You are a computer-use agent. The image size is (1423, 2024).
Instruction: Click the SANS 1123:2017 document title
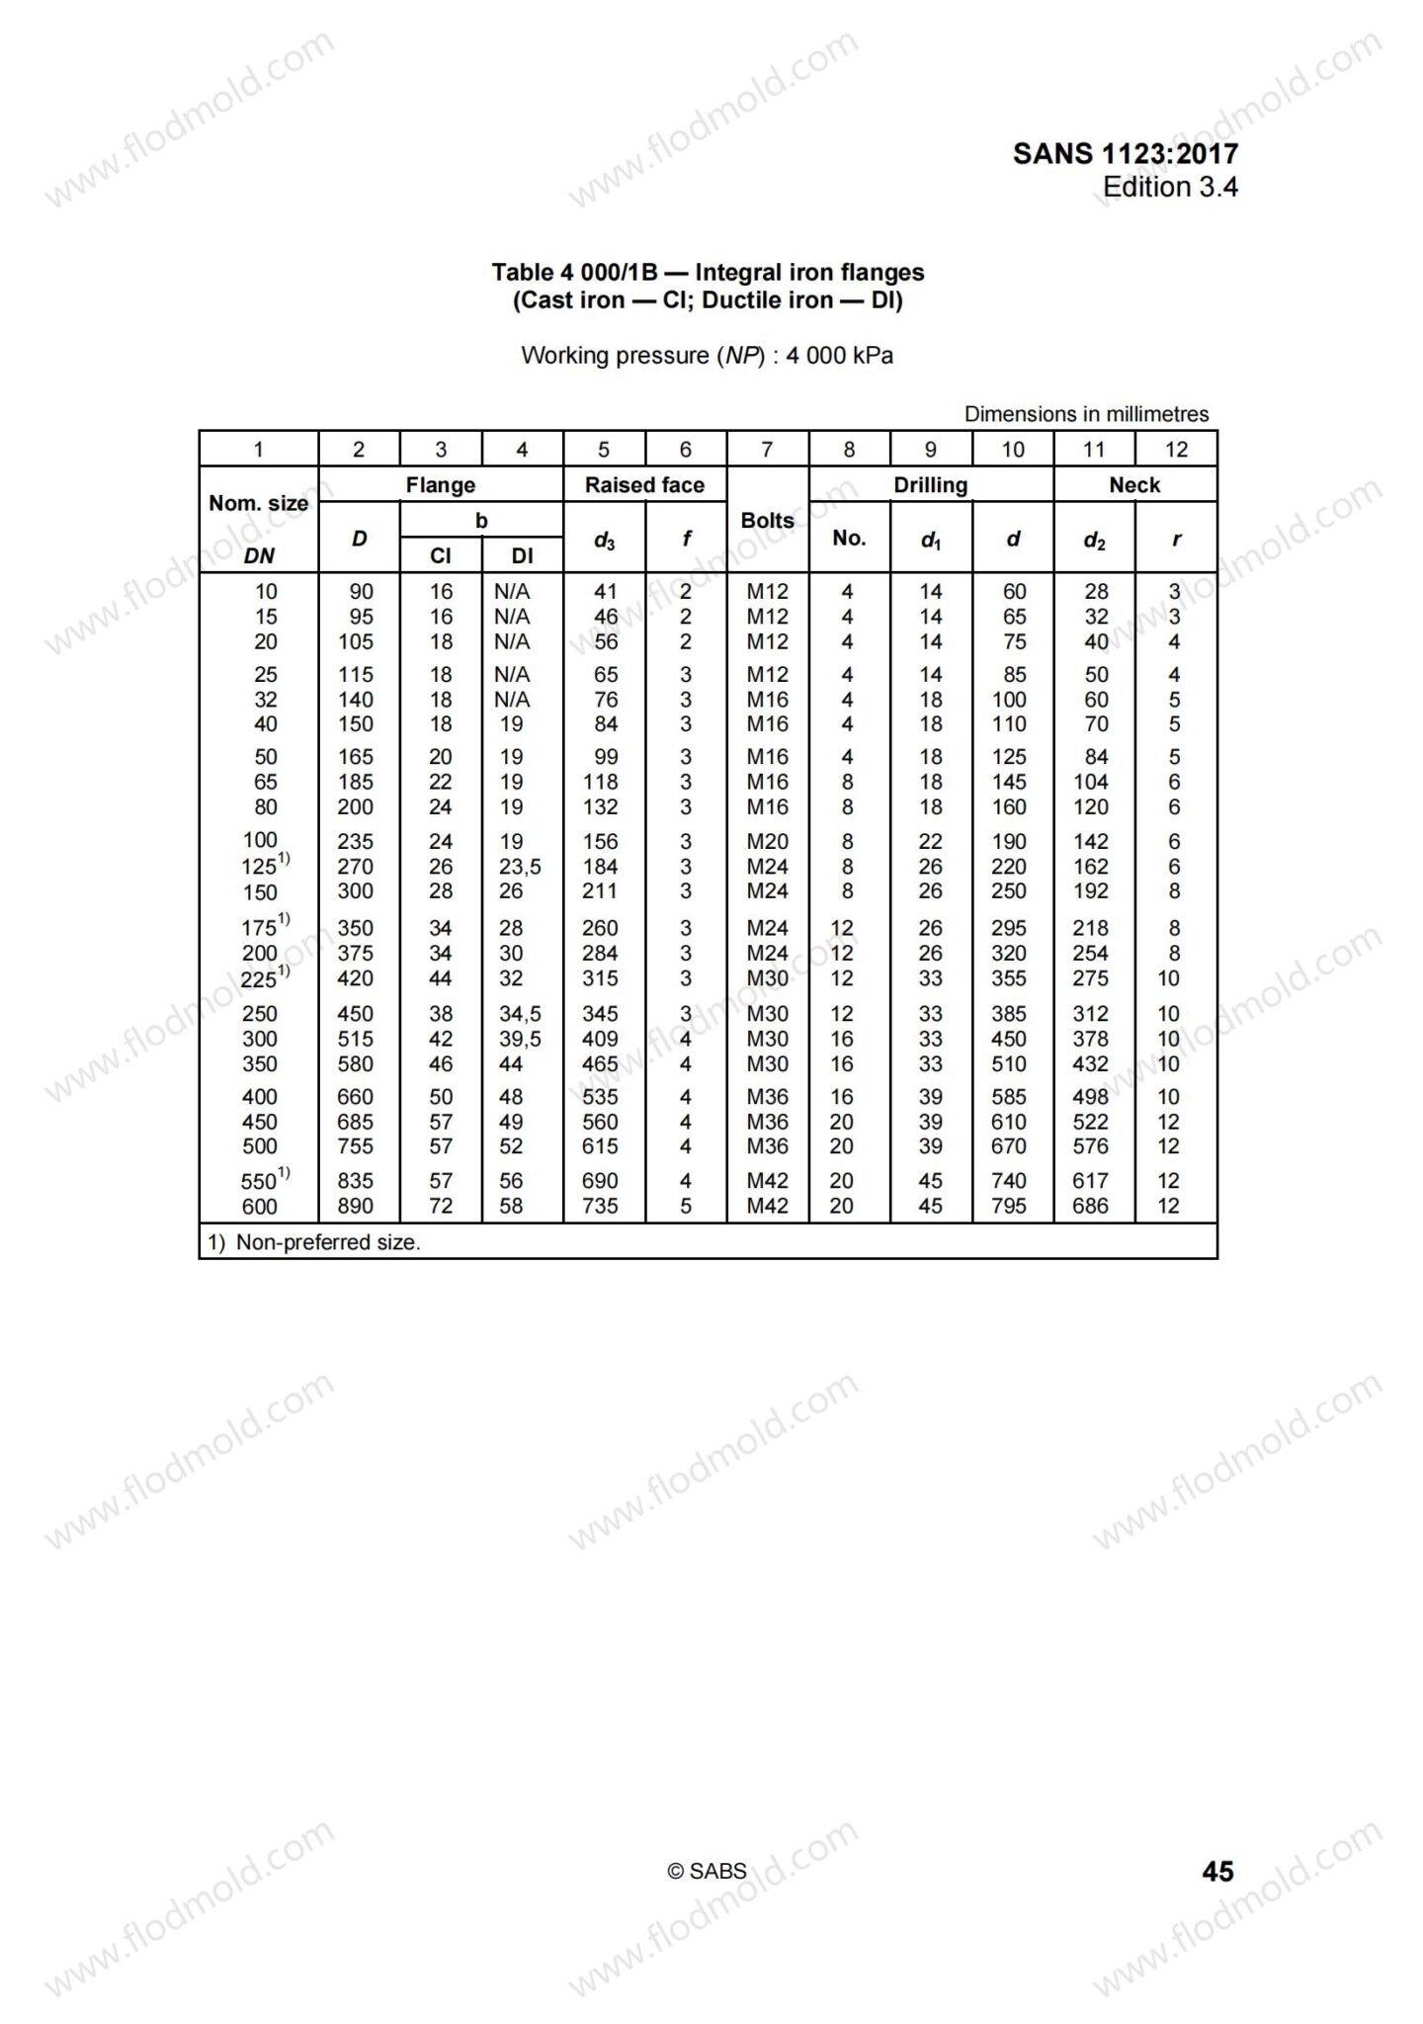pos(1125,153)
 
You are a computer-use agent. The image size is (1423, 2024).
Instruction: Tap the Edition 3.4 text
pos(1170,187)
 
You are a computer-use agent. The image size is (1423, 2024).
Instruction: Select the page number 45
pos(1217,1871)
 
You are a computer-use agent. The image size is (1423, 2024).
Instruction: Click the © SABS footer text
pos(707,1871)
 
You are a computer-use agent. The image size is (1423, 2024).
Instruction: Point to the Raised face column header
pos(644,484)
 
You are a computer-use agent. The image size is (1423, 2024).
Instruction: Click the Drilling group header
pos(930,484)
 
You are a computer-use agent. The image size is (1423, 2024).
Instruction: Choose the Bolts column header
pos(767,520)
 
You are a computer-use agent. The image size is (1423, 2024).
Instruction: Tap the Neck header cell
pos(1134,484)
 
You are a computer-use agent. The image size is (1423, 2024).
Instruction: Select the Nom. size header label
pos(258,503)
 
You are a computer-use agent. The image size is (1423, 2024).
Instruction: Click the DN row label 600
pos(260,1207)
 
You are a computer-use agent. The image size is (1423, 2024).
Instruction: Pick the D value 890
pos(356,1207)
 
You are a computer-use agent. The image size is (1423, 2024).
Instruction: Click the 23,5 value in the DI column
pos(520,867)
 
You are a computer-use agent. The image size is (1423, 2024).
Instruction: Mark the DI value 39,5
pos(520,1039)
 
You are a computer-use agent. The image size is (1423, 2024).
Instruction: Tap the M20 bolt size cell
pos(768,842)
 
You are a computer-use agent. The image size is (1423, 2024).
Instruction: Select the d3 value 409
pos(600,1039)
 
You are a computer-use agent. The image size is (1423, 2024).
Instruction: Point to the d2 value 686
pos(1091,1207)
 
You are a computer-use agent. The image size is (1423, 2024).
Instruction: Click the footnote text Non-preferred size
pos(327,1242)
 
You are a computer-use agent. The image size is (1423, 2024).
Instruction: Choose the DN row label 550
pos(259,1182)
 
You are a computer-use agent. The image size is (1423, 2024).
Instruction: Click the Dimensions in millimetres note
pos(1086,414)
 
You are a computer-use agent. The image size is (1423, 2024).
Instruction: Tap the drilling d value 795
pos(1009,1207)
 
